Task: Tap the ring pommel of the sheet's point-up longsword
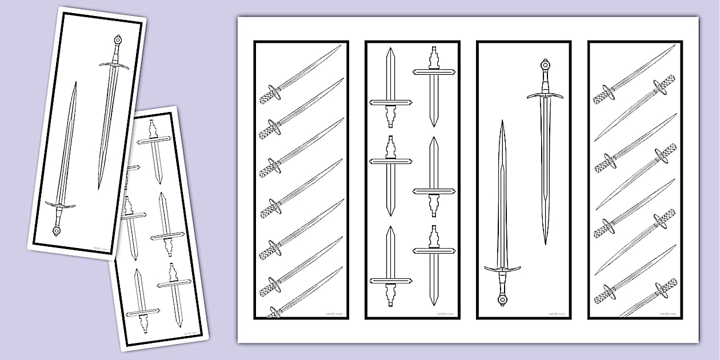[x=502, y=299]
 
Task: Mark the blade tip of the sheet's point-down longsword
[x=545, y=242]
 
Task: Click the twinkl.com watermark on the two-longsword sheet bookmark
[x=556, y=314]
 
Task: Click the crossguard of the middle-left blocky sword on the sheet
[x=390, y=162]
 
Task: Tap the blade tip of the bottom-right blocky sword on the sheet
[x=433, y=303]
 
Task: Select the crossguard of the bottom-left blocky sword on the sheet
[x=390, y=281]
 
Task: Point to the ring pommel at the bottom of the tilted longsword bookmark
[x=57, y=231]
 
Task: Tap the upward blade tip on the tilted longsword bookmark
[x=75, y=84]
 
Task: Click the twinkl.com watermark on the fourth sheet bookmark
[x=667, y=314]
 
